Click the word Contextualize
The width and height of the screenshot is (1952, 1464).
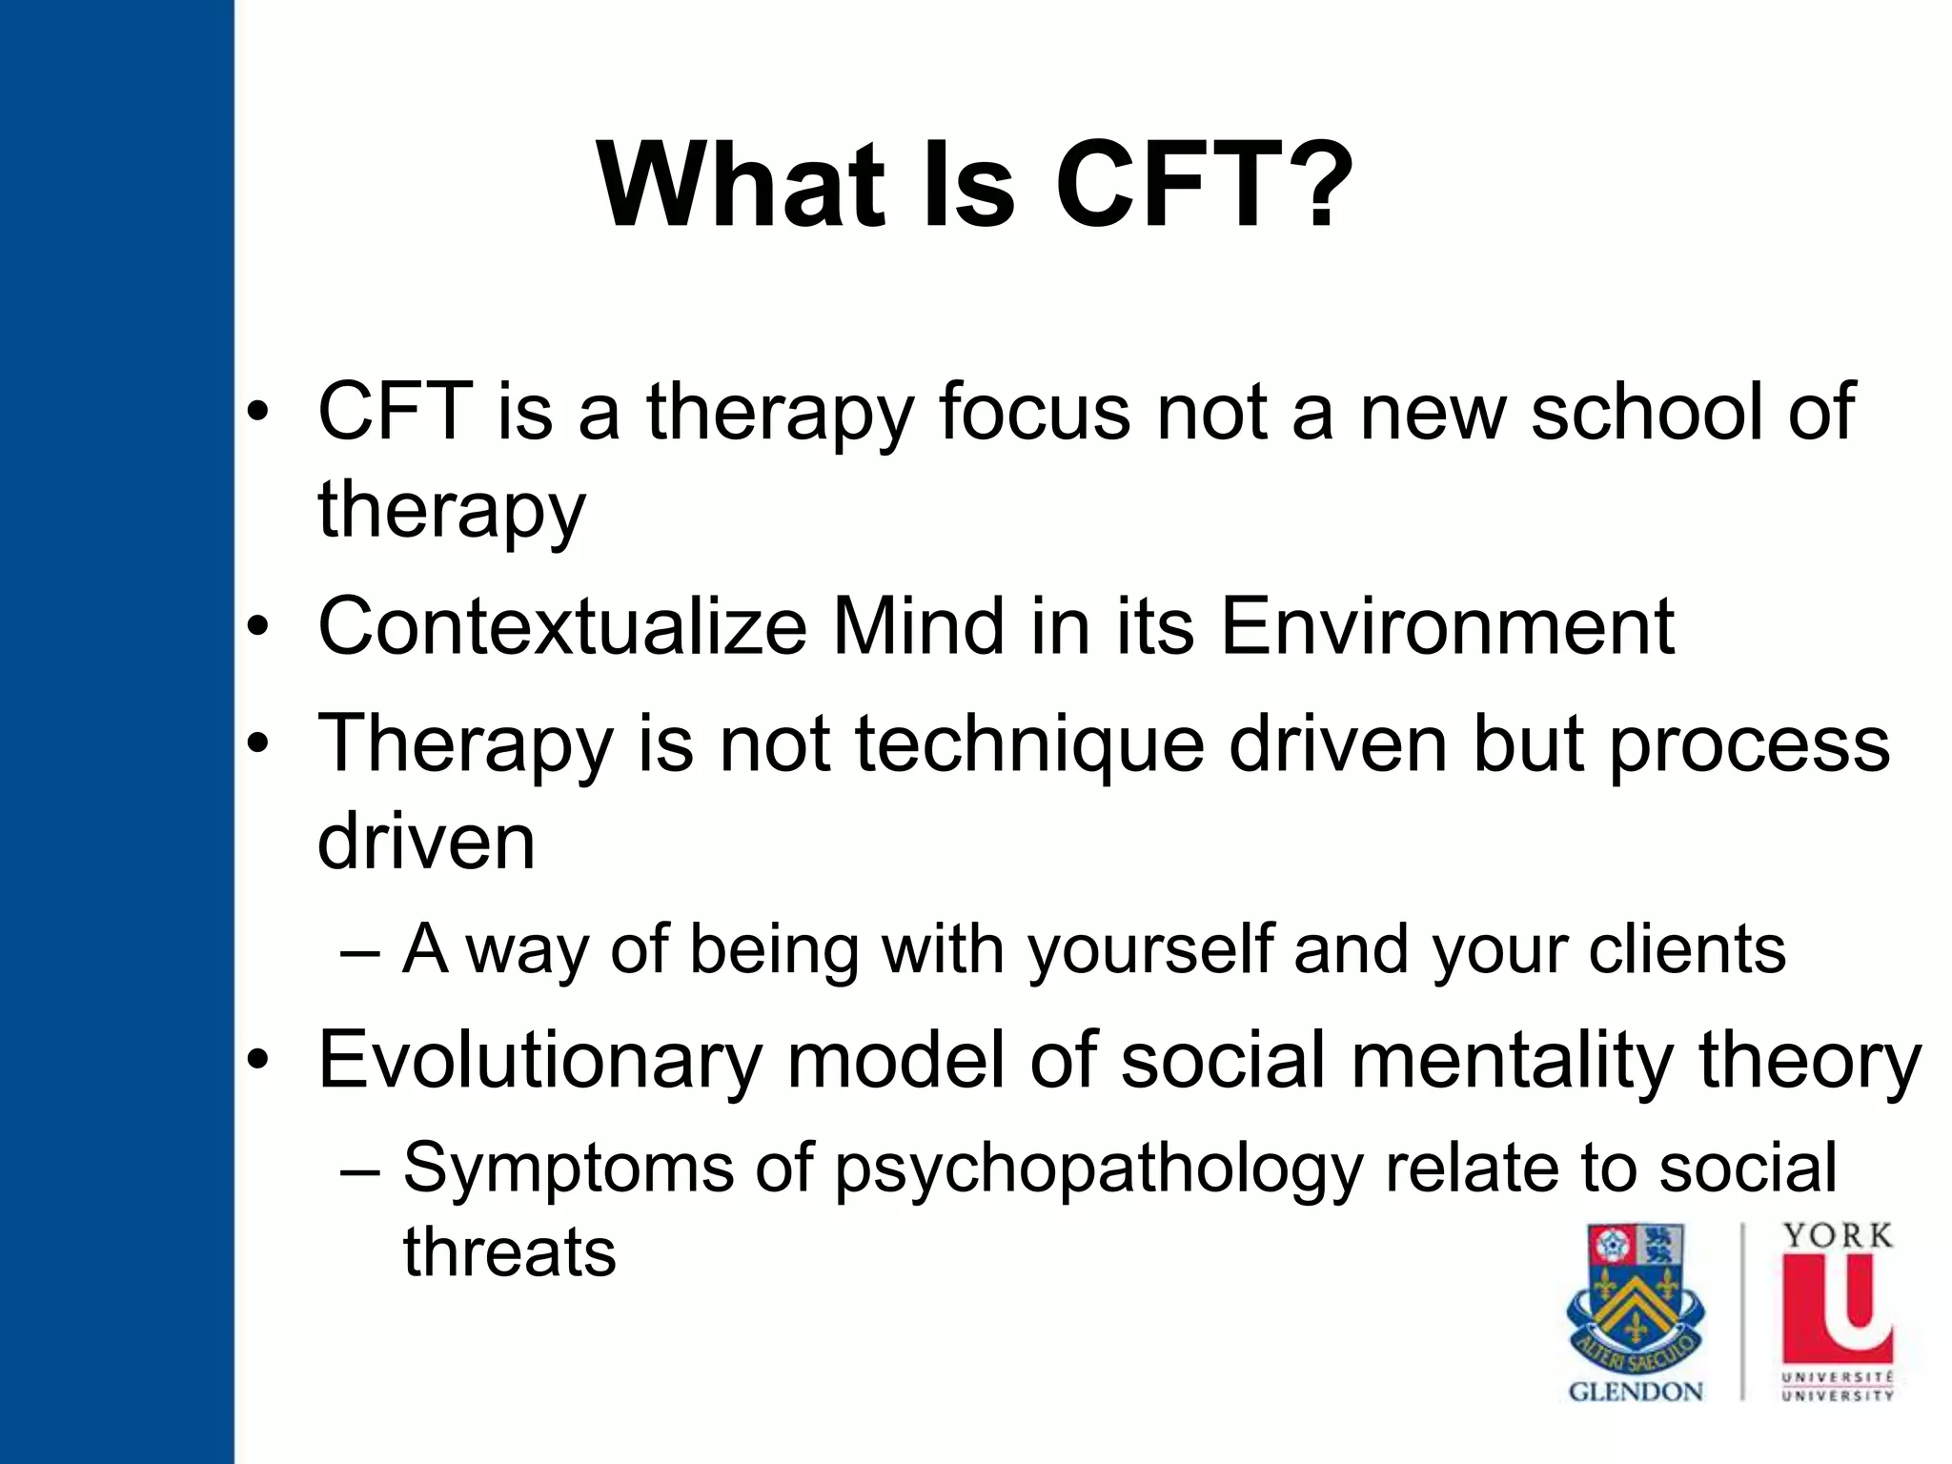[562, 627]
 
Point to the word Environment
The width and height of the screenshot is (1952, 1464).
[1446, 627]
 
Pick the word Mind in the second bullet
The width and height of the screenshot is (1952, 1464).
[918, 627]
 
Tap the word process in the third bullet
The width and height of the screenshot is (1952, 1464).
[1750, 746]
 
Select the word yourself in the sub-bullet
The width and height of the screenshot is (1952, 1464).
[1149, 950]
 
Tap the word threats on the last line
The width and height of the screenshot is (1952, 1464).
[509, 1251]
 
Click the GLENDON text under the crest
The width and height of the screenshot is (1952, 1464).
[1636, 1393]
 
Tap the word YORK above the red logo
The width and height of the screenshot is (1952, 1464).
[1838, 1236]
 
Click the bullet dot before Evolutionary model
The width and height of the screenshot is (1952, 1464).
[257, 1061]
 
